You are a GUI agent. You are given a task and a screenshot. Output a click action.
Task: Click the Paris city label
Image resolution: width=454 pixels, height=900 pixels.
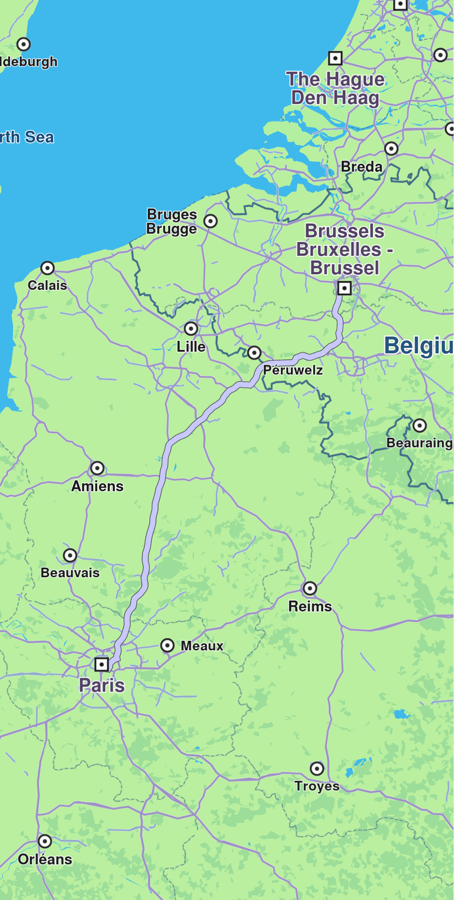102,685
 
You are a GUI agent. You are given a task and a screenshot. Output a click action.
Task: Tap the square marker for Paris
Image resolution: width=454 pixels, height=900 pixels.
101,664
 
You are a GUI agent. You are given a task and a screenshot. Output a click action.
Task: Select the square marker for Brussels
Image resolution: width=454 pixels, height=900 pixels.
344,288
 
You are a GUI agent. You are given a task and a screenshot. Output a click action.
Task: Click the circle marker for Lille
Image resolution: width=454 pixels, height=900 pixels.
191,328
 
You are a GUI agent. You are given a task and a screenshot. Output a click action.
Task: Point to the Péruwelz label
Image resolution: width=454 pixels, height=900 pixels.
293,370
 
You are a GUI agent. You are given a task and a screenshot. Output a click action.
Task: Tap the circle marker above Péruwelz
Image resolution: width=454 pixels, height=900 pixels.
254,353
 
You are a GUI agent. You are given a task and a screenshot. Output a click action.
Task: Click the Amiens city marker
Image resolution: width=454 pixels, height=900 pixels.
97,468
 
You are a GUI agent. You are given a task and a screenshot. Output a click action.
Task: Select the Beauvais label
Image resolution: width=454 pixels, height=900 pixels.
70,573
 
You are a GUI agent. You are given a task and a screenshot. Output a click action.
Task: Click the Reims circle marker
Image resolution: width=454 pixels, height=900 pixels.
310,588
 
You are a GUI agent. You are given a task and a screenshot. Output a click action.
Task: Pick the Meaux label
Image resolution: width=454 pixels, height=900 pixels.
202,646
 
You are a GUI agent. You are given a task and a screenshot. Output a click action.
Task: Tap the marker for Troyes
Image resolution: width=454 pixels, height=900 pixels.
317,768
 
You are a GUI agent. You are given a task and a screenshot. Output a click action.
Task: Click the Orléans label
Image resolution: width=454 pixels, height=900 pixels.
45,859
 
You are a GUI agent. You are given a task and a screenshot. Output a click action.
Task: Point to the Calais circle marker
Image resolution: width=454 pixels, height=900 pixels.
48,268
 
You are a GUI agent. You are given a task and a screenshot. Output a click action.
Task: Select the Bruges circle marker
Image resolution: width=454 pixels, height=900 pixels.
210,221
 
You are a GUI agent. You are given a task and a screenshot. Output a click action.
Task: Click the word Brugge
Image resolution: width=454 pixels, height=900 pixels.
172,229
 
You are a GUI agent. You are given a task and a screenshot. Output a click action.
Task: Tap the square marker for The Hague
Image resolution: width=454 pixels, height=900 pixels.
335,58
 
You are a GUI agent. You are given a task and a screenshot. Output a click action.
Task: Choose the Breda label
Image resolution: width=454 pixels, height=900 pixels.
362,167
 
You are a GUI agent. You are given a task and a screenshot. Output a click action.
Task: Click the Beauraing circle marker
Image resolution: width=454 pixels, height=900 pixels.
419,425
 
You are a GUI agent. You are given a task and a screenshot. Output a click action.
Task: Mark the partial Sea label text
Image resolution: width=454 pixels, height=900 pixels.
27,137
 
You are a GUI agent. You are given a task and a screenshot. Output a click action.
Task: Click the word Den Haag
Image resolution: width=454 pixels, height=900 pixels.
335,98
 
